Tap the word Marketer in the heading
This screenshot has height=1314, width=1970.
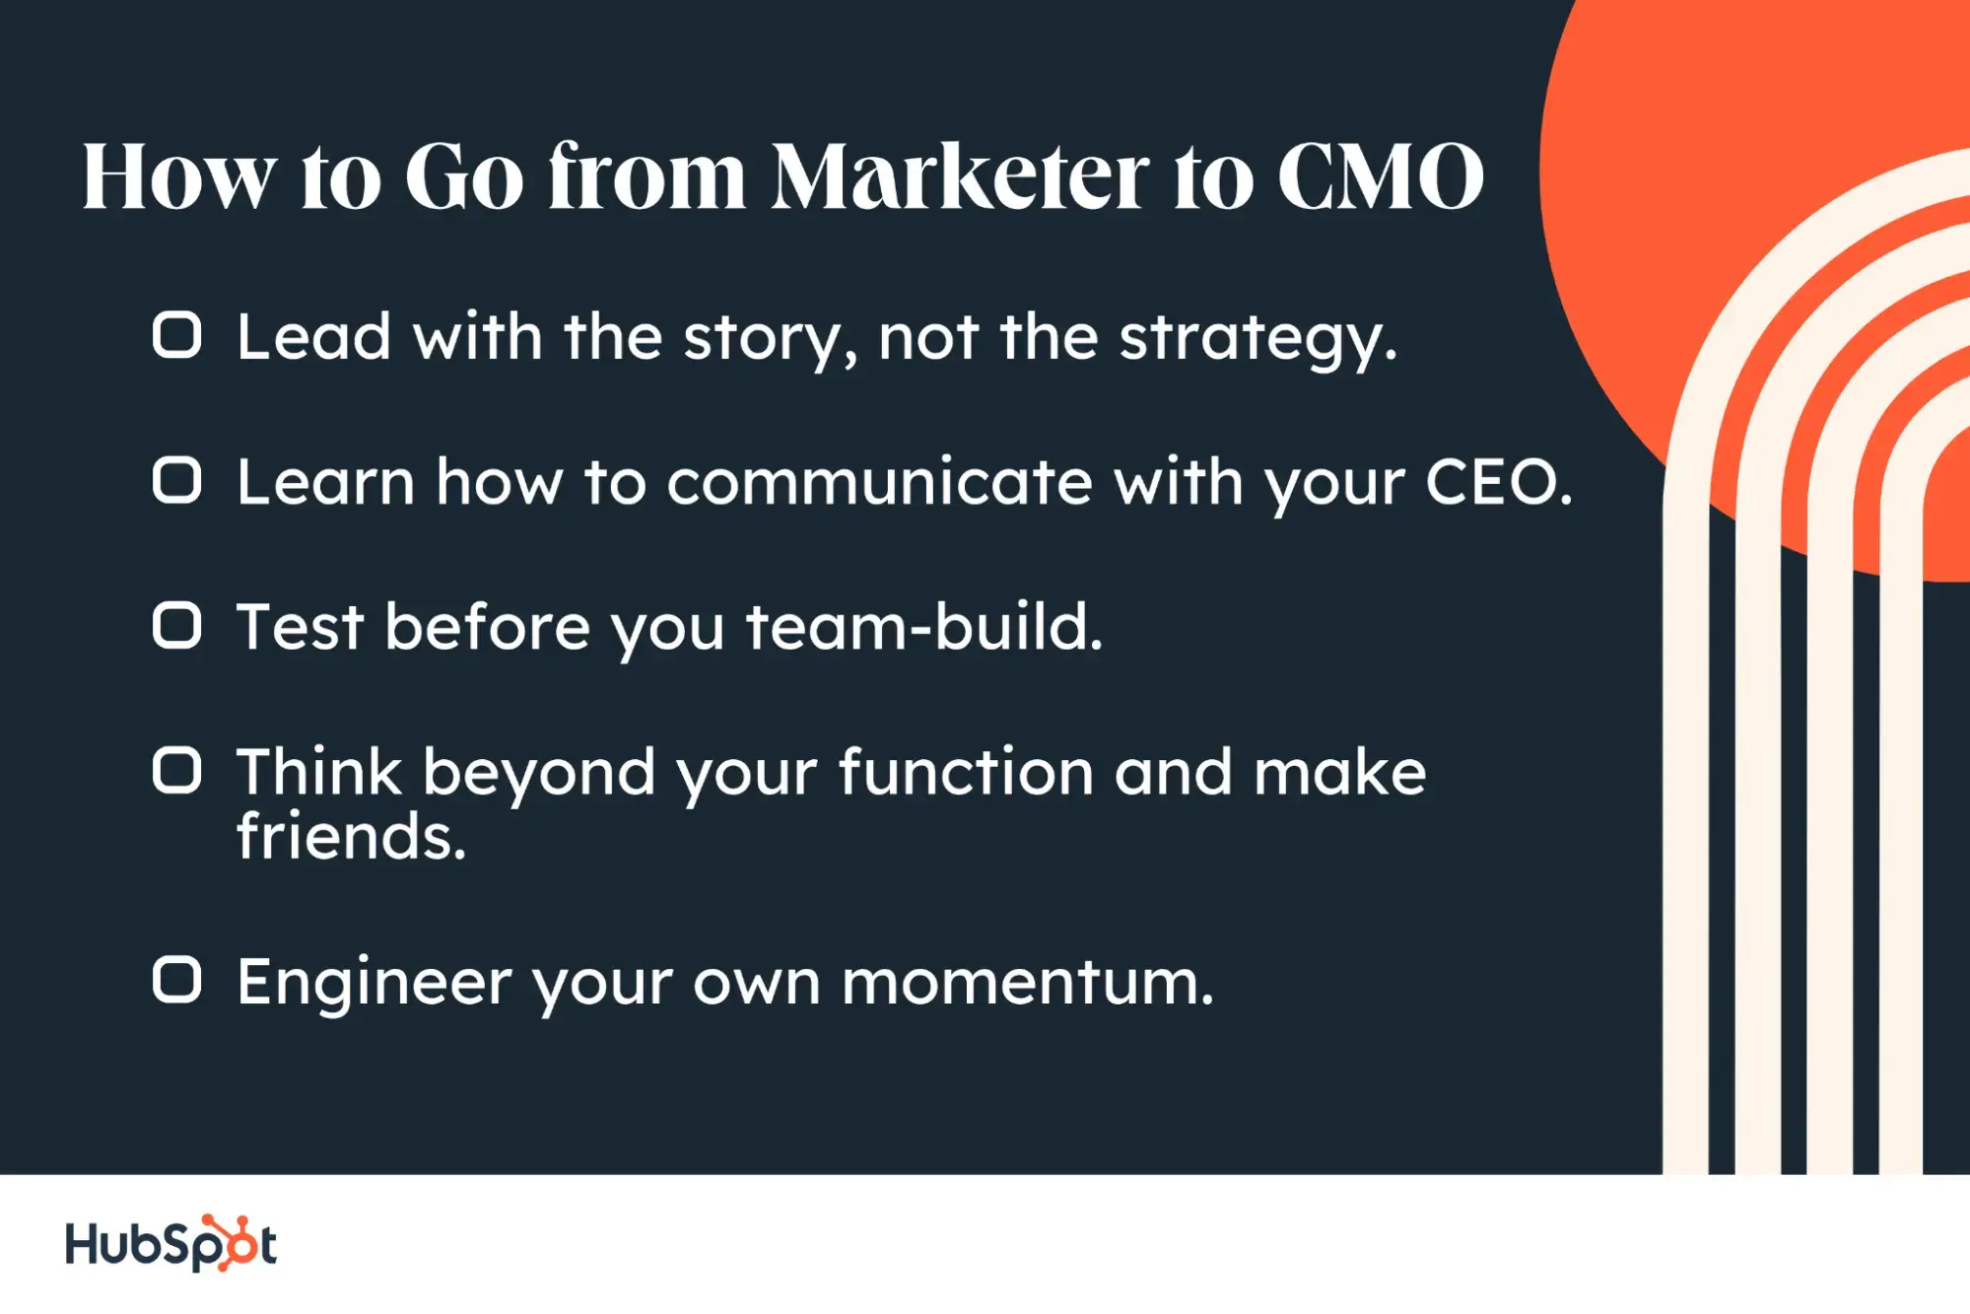959,177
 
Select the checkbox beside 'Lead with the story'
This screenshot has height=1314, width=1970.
177,335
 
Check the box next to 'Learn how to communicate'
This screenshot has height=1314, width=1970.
177,480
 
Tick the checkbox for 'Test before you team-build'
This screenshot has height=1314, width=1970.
177,625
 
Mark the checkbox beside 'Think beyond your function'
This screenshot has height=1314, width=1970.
177,770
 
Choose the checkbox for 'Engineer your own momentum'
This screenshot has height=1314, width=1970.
177,980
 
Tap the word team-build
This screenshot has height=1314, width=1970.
923,627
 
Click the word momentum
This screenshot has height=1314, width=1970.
1026,983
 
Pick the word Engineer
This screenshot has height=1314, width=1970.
374,983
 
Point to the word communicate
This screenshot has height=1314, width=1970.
879,482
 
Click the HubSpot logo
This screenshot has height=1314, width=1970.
170,1243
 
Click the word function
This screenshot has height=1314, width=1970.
966,772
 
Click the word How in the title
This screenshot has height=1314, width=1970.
178,177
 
